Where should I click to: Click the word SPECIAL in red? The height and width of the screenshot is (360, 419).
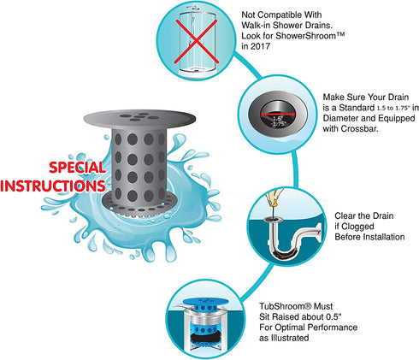[x=77, y=168]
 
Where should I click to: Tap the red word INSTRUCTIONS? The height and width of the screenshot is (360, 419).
[x=53, y=186]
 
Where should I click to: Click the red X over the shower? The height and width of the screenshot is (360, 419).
[x=196, y=41]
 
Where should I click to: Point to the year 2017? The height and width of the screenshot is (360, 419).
[x=260, y=46]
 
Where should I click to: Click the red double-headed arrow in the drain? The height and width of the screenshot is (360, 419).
[x=278, y=114]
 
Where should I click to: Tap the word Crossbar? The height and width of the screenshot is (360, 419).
[x=359, y=128]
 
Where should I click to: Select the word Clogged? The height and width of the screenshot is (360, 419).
[x=357, y=227]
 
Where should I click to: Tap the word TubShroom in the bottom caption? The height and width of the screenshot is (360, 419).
[x=282, y=306]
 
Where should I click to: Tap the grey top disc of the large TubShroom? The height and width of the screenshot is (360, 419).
[x=139, y=117]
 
